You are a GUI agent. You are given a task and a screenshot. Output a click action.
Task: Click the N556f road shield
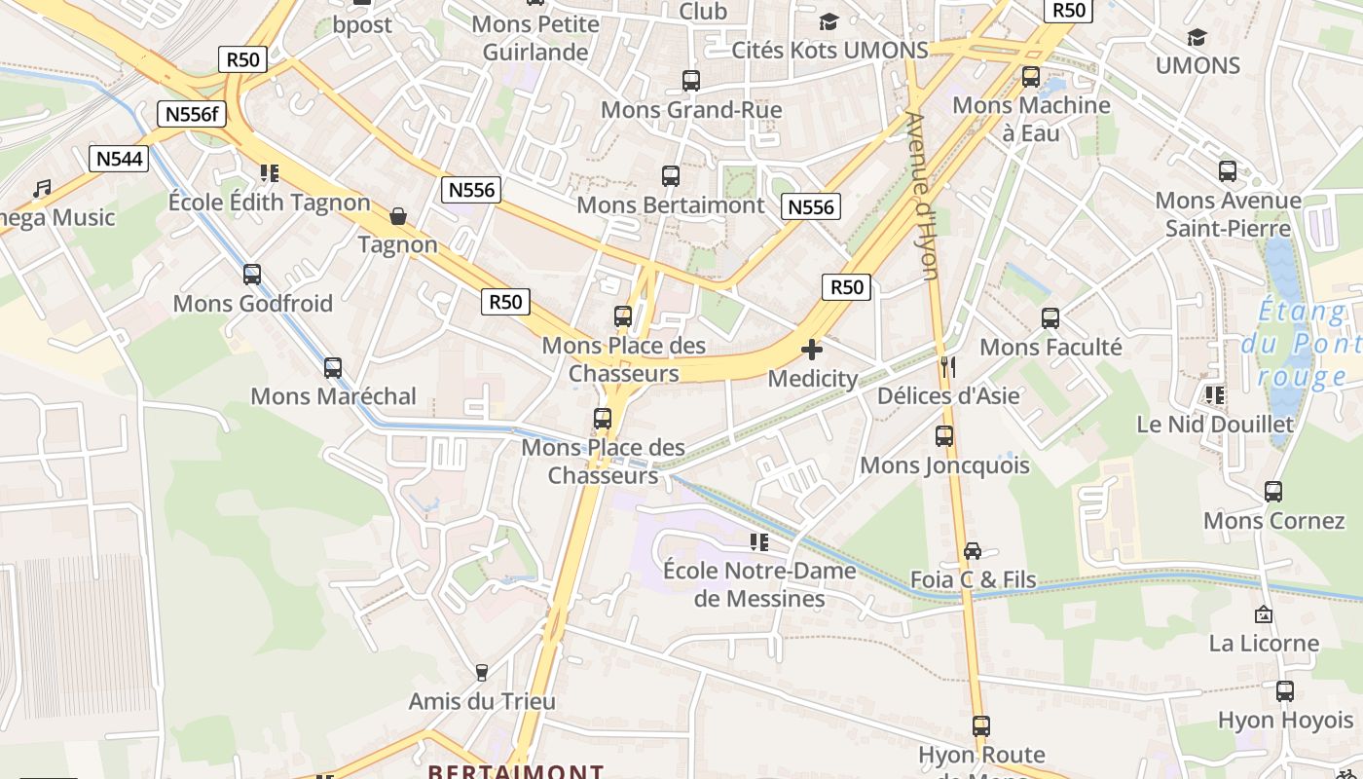191,114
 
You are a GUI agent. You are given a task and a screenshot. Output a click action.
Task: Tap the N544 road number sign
119,159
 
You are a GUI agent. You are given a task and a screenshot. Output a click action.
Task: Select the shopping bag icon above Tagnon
397,215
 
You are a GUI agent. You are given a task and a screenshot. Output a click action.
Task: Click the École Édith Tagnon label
270,203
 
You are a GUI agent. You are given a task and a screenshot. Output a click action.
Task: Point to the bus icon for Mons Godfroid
252,275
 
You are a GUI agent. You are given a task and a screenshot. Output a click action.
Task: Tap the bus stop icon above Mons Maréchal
333,368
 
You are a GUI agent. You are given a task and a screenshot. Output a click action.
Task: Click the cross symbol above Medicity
812,349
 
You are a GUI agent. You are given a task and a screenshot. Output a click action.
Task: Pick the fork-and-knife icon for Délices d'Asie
948,366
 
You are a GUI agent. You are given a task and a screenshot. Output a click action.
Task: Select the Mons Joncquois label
944,465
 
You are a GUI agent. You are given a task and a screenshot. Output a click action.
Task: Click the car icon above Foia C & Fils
972,551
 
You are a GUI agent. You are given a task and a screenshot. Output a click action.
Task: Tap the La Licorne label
1264,643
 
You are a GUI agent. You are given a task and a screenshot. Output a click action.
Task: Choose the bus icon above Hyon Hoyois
1285,691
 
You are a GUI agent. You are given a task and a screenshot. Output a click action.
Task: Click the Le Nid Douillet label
1215,425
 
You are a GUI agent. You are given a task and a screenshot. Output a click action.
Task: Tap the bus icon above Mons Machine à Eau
1031,77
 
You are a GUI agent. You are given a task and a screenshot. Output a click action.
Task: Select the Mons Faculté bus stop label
1050,347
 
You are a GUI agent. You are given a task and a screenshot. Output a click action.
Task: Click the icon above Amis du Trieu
481,672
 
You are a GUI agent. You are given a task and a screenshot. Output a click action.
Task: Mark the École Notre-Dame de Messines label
759,584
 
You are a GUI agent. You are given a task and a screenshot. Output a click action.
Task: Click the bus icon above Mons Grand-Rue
691,81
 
